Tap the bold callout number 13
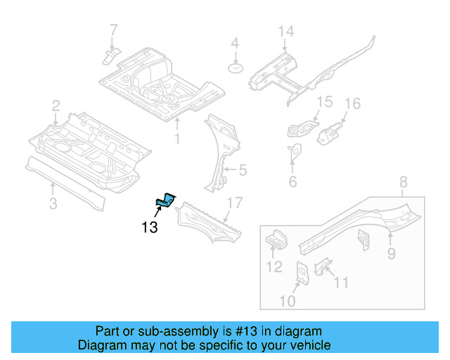tap(149, 227)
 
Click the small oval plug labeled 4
tap(236, 68)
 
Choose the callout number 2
tap(56, 106)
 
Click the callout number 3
tap(53, 204)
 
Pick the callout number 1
tap(177, 139)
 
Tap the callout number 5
tap(243, 169)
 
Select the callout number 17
tap(234, 203)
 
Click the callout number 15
tap(323, 103)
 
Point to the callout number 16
tap(352, 104)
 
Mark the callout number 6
tap(292, 183)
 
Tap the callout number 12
tap(274, 266)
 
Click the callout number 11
tap(340, 283)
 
